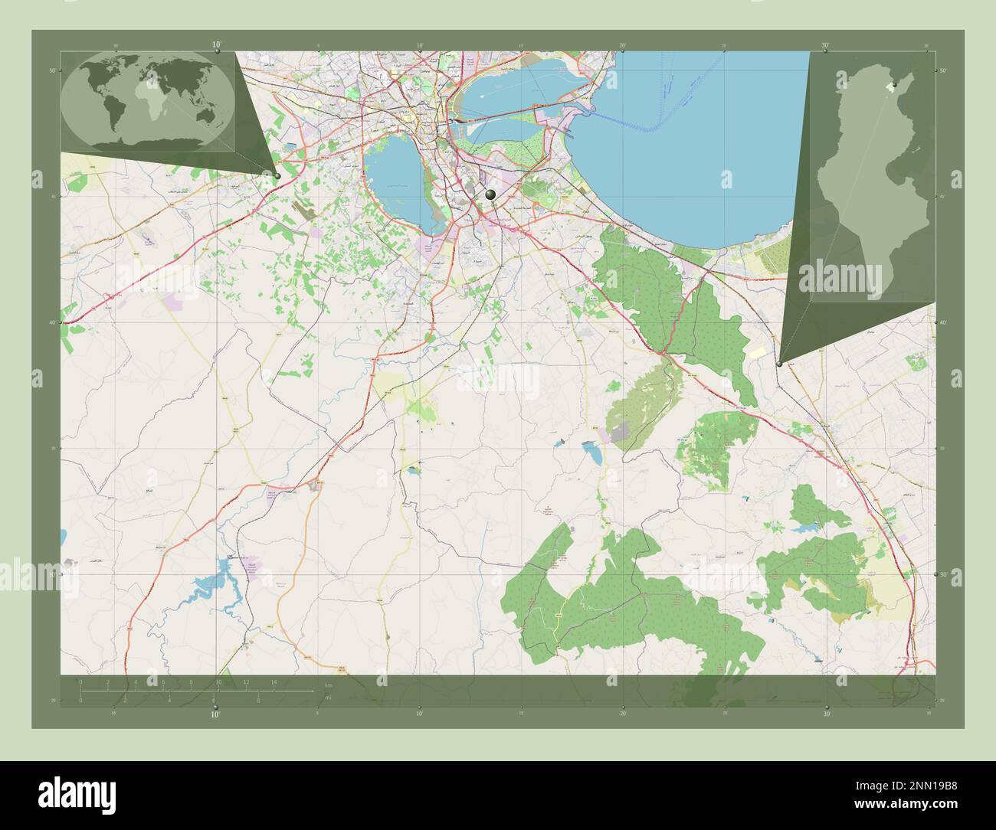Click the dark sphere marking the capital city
pos(490,196)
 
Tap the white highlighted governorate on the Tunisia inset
pos(889,89)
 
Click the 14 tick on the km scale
pos(273,682)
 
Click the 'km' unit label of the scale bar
pos(329,685)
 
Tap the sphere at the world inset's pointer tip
pos(277,176)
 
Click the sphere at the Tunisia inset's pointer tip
pos(779,364)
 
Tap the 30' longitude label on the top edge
pos(825,45)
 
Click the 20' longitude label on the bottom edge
pos(623,714)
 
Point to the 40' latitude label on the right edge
pos(943,322)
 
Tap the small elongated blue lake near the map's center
pos(593,454)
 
